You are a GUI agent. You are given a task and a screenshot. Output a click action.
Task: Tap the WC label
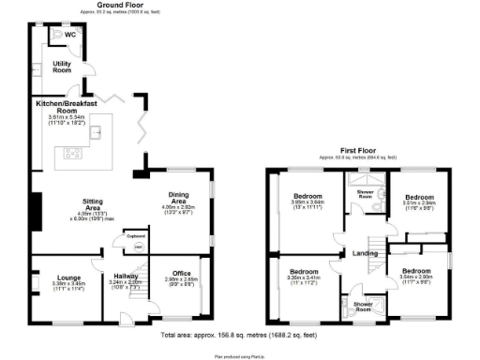tap(71, 35)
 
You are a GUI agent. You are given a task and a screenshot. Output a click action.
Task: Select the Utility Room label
tap(63, 67)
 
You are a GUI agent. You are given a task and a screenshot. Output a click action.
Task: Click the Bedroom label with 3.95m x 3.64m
tap(307, 197)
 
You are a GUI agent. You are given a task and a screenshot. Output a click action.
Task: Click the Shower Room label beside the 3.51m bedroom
tap(364, 193)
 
